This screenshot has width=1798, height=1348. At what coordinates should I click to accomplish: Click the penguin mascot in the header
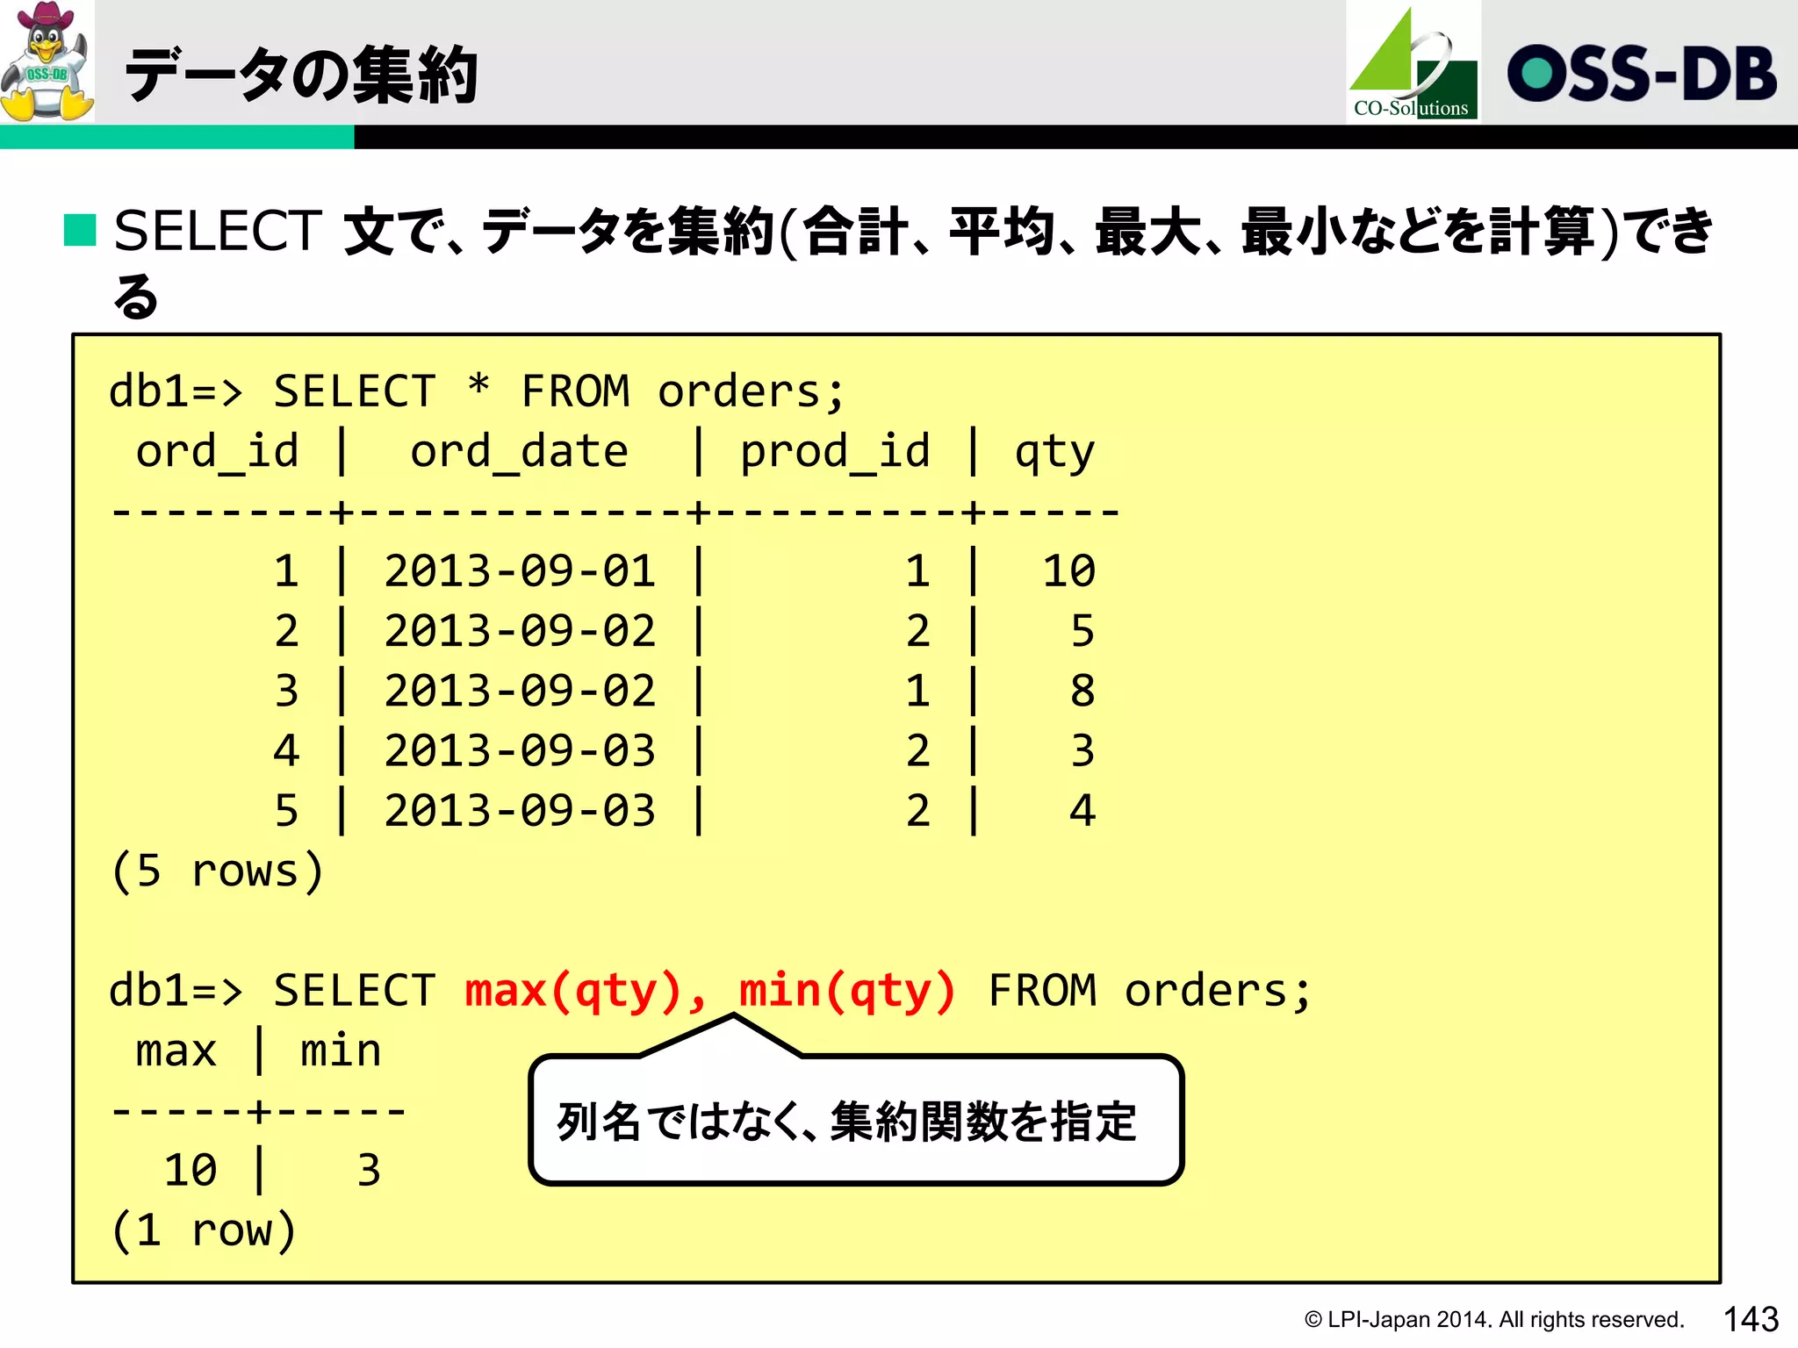coord(47,61)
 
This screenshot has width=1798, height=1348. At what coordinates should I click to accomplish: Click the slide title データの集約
coord(301,75)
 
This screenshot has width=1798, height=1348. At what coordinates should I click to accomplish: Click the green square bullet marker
coord(80,230)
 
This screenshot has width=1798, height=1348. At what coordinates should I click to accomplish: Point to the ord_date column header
coord(519,452)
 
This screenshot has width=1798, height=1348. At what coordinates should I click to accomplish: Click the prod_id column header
coord(834,452)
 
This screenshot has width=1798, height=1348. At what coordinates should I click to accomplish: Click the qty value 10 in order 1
coord(1068,571)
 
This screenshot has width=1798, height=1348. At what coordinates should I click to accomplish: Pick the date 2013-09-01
coord(520,571)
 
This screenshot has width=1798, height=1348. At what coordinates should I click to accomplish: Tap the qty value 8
coord(1082,691)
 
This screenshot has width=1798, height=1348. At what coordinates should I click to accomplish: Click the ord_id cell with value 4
coord(286,751)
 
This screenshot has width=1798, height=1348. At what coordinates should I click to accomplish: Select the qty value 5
coord(1082,631)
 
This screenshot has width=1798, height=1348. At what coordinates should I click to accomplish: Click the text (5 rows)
coord(217,871)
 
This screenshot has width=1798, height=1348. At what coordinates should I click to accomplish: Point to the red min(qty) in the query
coord(847,991)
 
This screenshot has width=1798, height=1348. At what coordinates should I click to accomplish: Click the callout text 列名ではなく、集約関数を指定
coord(847,1122)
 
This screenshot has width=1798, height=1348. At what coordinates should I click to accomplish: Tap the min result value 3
coord(369,1171)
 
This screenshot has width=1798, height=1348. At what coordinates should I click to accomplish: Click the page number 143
coord(1751,1319)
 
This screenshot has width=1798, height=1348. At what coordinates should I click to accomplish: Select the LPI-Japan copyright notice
coord(1493,1320)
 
